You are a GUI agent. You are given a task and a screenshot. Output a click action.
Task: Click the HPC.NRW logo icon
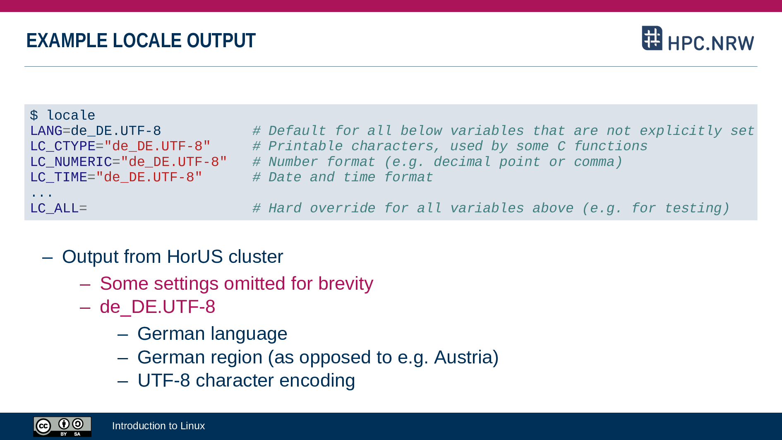tap(652, 38)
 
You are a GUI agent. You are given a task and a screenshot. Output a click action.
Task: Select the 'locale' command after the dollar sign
tap(71, 115)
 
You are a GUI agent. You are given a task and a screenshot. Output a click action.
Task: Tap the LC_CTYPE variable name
tap(63, 146)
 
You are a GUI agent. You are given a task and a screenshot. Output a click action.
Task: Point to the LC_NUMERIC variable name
tap(71, 162)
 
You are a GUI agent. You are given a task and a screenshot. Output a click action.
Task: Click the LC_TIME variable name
tap(59, 177)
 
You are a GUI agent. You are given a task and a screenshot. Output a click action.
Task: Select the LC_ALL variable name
tap(55, 208)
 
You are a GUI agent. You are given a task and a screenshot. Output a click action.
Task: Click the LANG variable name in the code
tap(46, 131)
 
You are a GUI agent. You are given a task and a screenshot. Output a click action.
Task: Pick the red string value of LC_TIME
tap(149, 177)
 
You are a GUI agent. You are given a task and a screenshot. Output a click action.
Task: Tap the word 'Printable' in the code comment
tap(305, 146)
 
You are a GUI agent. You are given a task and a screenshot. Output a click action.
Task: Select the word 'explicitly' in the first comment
tap(681, 131)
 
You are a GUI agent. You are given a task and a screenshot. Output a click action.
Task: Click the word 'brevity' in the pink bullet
tap(345, 284)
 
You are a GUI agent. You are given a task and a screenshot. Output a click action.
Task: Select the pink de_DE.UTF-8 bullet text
tap(158, 307)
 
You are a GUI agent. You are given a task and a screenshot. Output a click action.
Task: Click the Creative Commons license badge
tap(62, 426)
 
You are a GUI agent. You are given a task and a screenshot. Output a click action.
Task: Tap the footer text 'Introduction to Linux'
tap(158, 426)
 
